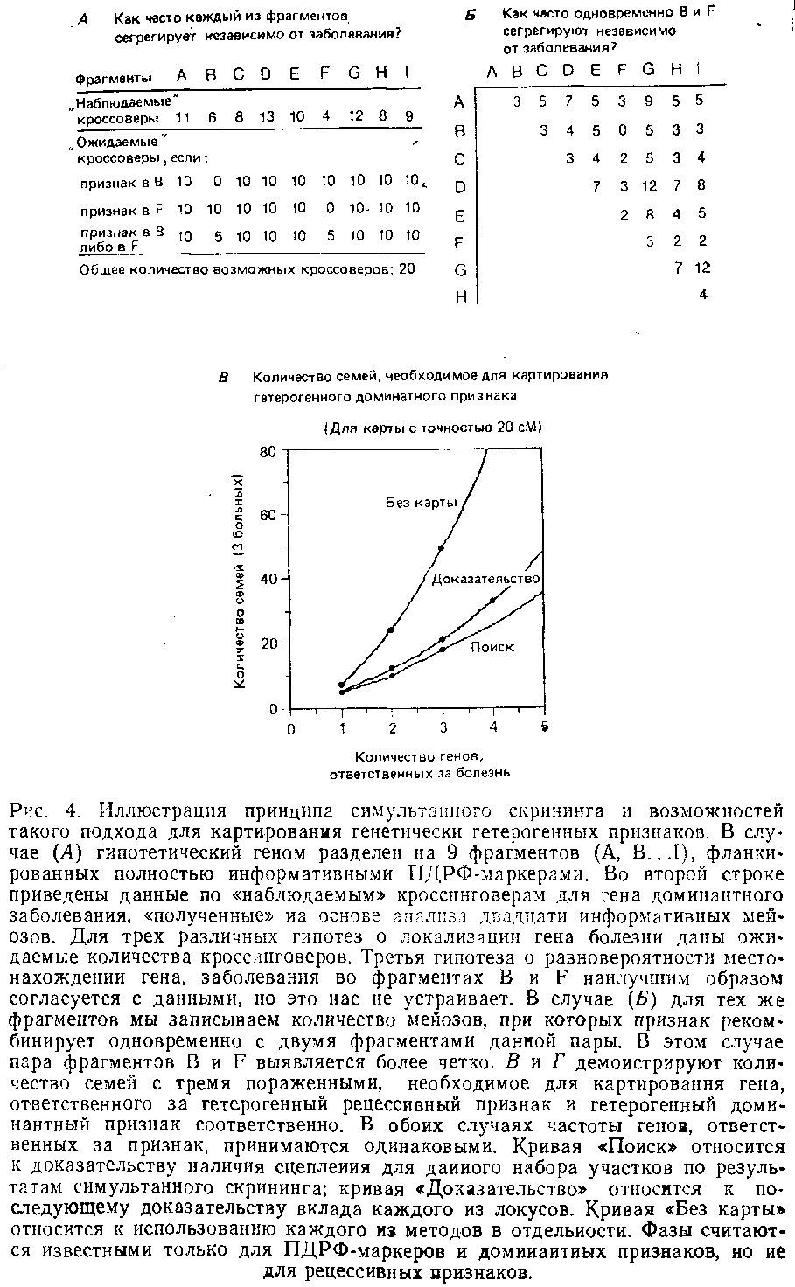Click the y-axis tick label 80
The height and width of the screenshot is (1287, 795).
click(268, 452)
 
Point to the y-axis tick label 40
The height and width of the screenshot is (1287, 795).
click(268, 580)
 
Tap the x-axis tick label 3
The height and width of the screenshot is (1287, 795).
click(443, 728)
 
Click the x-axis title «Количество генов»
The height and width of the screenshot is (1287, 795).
click(419, 757)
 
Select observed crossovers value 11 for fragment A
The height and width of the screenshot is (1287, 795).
click(183, 117)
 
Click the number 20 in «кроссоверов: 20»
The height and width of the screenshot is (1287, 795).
click(407, 269)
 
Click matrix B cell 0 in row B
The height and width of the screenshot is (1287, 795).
click(622, 130)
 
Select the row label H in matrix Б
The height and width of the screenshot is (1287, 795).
click(460, 297)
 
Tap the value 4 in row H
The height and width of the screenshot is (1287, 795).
click(703, 296)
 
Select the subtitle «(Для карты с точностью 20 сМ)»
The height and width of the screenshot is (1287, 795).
click(434, 428)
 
